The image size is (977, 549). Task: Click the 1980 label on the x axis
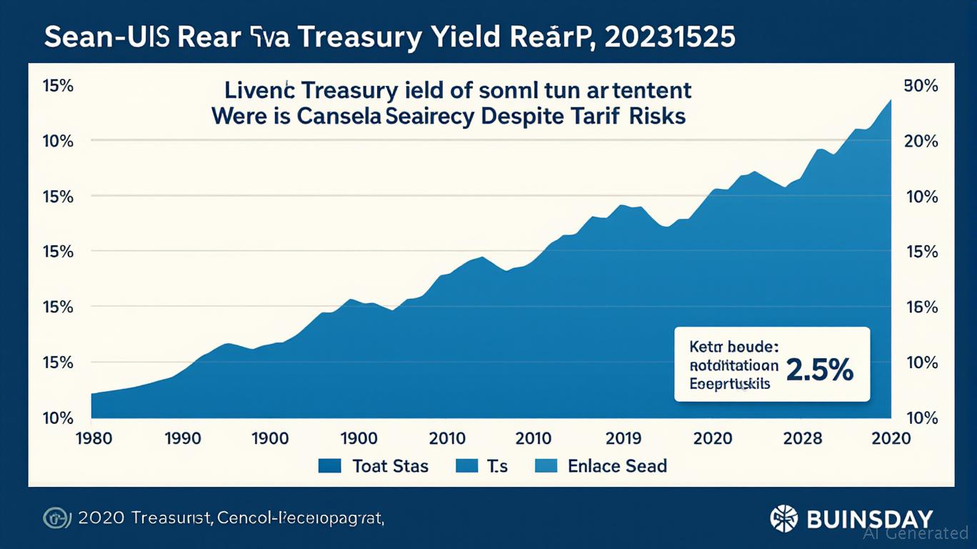[x=93, y=437]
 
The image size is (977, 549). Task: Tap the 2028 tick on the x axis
[x=802, y=437]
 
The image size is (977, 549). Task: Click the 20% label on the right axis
[x=921, y=141]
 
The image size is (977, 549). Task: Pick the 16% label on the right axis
[x=921, y=307]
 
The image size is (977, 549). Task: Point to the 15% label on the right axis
[x=921, y=252]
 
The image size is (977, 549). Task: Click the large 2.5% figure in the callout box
[x=819, y=370]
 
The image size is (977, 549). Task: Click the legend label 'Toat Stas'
[x=391, y=466]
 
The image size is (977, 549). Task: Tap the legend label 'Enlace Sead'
[x=617, y=466]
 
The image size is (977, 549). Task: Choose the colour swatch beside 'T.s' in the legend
[x=466, y=466]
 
